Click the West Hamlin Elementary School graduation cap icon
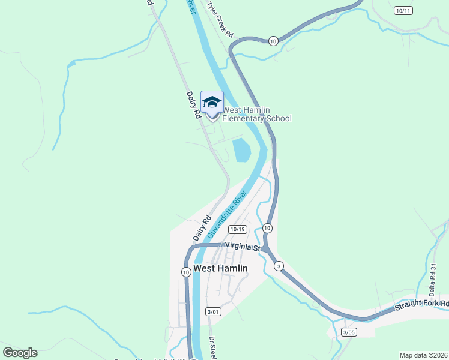(212, 102)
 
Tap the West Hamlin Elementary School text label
(257, 114)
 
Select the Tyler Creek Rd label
(220, 19)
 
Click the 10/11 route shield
(404, 11)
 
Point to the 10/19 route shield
(238, 229)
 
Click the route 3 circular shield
(279, 266)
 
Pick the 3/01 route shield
(213, 311)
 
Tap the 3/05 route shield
(348, 332)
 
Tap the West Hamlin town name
(220, 268)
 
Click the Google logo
(20, 353)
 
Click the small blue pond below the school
(241, 149)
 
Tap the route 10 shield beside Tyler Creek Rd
(273, 41)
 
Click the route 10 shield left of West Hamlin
(186, 272)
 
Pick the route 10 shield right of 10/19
(267, 228)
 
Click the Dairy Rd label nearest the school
(193, 104)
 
